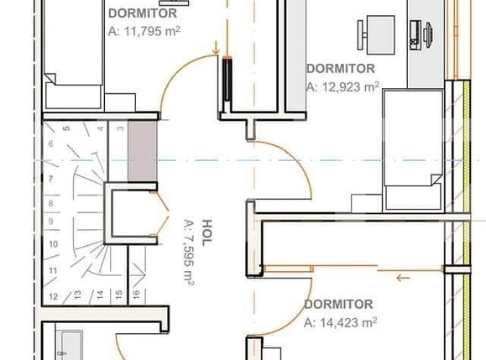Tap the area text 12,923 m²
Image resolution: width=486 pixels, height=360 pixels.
[x=342, y=86]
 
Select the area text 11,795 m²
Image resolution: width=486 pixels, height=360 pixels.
[x=145, y=29]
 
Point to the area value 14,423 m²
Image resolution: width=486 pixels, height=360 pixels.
[x=340, y=321]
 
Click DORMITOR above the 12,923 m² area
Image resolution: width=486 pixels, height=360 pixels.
[x=340, y=68]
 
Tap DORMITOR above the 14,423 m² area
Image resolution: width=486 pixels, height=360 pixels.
[x=338, y=304]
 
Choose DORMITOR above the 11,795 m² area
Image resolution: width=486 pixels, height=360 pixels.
[x=143, y=13]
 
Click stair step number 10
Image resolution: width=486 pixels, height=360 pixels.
[x=53, y=244]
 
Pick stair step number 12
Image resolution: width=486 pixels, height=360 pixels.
[x=53, y=296]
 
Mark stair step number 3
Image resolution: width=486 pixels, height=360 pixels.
[x=120, y=129]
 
